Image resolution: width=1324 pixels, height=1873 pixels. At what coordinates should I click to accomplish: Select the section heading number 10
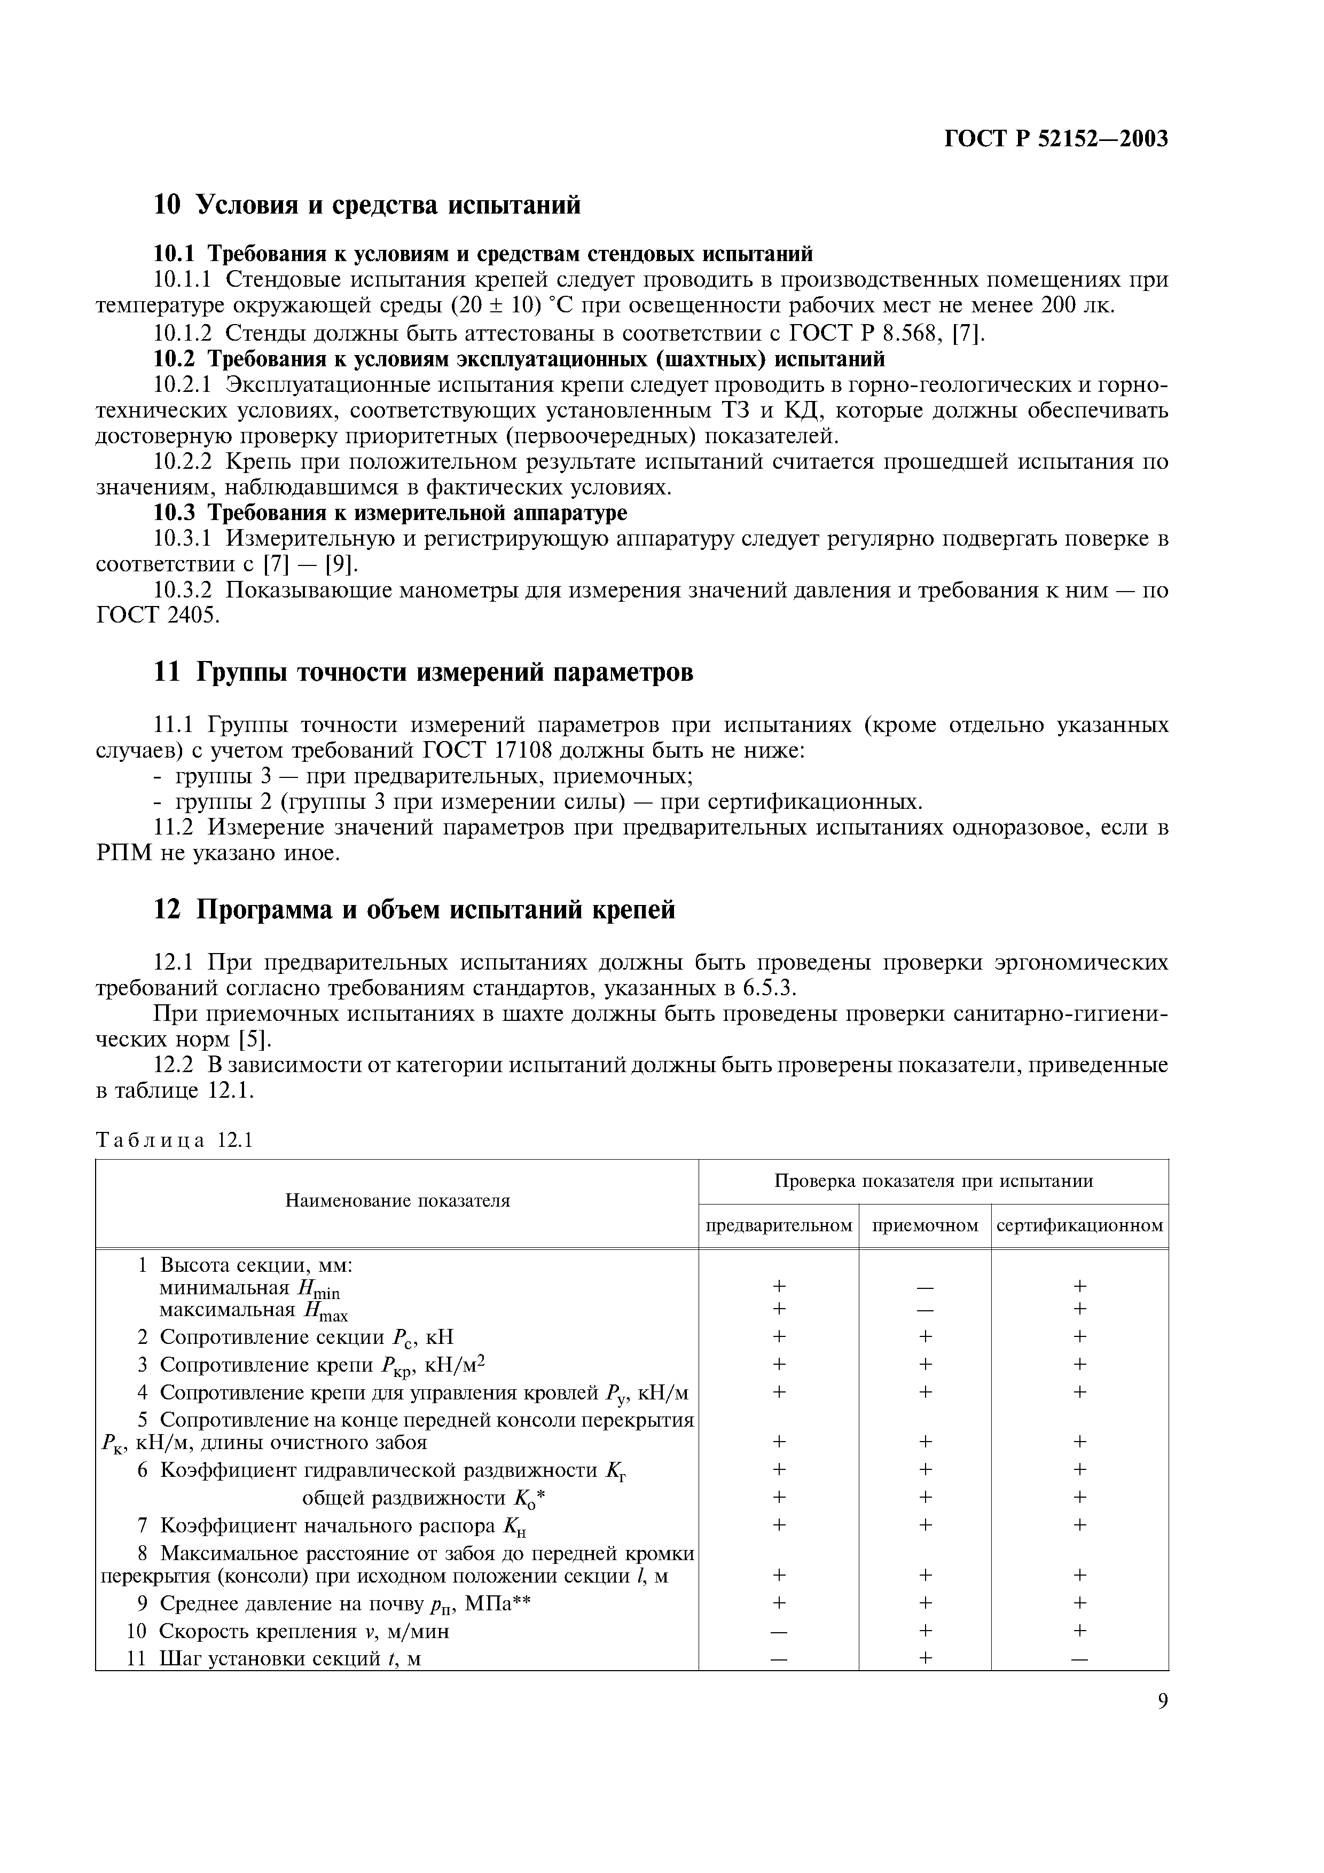[x=167, y=204]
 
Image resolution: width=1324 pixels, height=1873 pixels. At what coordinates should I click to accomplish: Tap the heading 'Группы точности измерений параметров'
[x=444, y=672]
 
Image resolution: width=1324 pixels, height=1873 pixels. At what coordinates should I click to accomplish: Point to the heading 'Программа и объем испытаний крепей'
[x=436, y=909]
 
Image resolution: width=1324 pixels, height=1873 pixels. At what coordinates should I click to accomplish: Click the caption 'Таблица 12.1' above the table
[x=175, y=1139]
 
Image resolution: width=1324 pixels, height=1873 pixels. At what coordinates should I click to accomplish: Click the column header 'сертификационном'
[x=1079, y=1225]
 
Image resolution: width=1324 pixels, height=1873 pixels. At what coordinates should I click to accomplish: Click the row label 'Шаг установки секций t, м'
[x=289, y=1658]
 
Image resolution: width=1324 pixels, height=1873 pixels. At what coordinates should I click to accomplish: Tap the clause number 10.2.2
[x=183, y=462]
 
